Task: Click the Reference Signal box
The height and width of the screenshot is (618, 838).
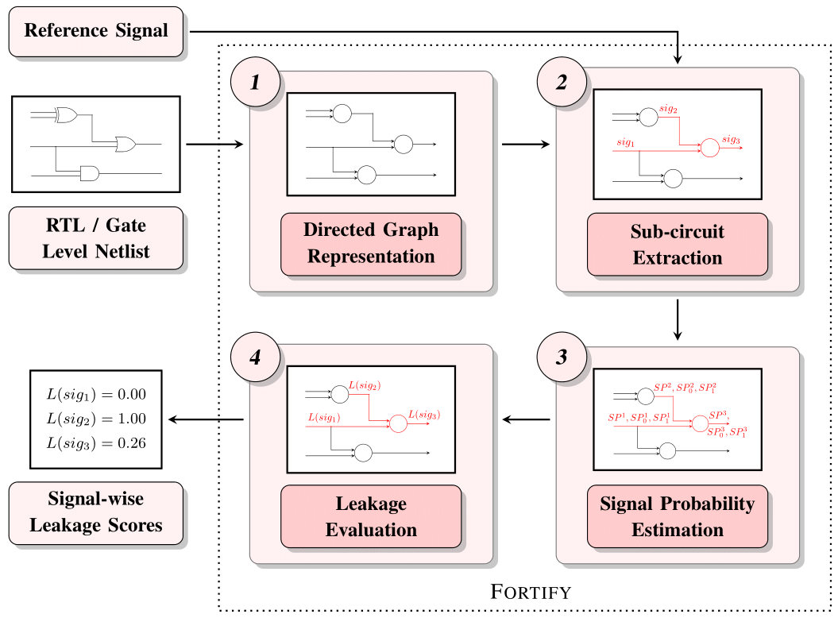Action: tap(95, 32)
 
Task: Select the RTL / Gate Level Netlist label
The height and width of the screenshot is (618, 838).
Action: tap(95, 238)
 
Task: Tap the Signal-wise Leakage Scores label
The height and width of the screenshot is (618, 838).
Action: tap(95, 512)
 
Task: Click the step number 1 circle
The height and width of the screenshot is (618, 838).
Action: tap(255, 83)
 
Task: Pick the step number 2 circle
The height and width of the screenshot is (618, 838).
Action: tap(562, 83)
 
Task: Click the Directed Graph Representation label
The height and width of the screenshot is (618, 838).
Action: tap(371, 243)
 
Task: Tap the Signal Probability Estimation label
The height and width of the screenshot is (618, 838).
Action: tap(678, 516)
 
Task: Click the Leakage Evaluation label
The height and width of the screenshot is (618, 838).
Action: tap(371, 516)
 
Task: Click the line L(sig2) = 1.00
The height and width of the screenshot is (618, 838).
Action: tap(95, 419)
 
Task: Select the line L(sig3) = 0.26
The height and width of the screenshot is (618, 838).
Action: tap(95, 442)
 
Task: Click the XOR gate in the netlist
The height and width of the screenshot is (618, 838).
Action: tap(65, 116)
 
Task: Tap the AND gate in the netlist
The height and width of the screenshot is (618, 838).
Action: tap(89, 173)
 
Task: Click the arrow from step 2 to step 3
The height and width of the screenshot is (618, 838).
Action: tap(678, 318)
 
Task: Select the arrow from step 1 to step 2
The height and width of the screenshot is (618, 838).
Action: tap(524, 145)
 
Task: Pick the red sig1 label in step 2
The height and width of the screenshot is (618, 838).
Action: tap(626, 142)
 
